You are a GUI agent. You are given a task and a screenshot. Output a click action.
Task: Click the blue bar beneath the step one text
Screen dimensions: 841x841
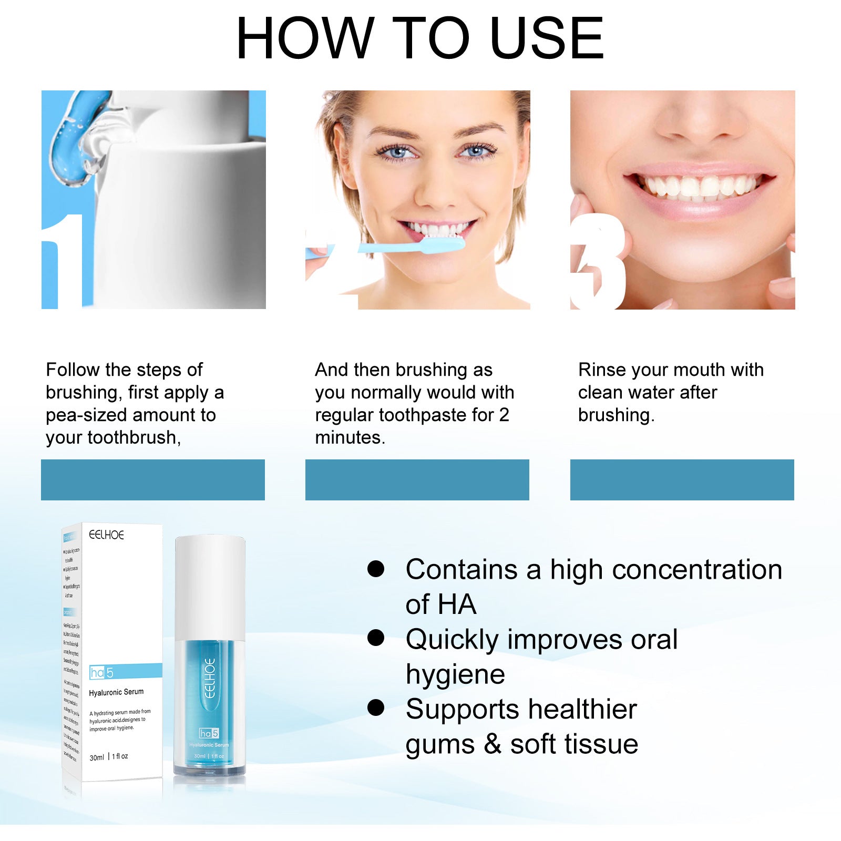pyautogui.click(x=153, y=479)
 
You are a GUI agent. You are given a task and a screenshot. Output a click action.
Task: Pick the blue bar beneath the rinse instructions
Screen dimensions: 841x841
pyautogui.click(x=682, y=479)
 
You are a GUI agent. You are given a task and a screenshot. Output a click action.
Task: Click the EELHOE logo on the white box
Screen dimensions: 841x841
pyautogui.click(x=106, y=535)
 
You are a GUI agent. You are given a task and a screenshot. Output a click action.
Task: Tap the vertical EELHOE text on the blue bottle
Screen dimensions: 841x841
pyautogui.click(x=210, y=678)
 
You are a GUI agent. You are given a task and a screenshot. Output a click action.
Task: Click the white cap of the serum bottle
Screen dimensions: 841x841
pyautogui.click(x=210, y=586)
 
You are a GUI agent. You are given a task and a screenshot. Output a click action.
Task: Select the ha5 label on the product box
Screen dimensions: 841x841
pyautogui.click(x=102, y=672)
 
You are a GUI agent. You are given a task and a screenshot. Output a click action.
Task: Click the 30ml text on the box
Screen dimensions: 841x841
pyautogui.click(x=97, y=757)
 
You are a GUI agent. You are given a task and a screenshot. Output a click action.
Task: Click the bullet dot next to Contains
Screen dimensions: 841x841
pyautogui.click(x=376, y=569)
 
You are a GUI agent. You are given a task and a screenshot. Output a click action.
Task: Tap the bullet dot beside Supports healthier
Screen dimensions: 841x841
pyautogui.click(x=376, y=707)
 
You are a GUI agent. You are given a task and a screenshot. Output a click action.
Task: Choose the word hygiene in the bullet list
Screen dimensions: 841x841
pyautogui.click(x=455, y=675)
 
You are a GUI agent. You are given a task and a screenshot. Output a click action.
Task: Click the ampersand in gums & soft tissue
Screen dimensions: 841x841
pyautogui.click(x=492, y=744)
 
